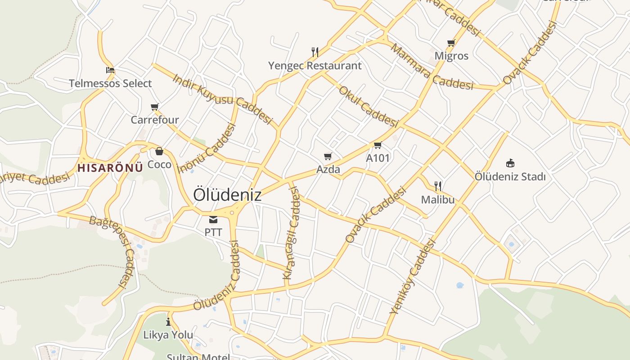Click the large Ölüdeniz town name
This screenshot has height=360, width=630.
(227, 195)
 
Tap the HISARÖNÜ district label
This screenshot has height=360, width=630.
(110, 168)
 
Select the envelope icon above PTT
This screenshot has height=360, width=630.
(213, 220)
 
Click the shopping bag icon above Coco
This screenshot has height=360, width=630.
(159, 151)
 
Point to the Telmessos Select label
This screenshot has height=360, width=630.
(110, 83)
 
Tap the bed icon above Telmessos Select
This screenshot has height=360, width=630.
(110, 70)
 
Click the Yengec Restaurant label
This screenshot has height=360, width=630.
(315, 66)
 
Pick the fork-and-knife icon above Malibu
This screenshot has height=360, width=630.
(438, 186)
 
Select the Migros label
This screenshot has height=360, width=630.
(451, 56)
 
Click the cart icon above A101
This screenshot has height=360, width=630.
(378, 145)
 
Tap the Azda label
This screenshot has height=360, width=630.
(328, 170)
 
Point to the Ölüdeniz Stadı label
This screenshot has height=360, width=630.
(510, 176)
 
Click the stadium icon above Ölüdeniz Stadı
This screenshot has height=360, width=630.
(510, 162)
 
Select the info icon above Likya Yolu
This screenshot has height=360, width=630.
(168, 322)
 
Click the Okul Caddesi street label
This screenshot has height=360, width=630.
(369, 107)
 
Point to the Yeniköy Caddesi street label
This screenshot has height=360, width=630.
(413, 276)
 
